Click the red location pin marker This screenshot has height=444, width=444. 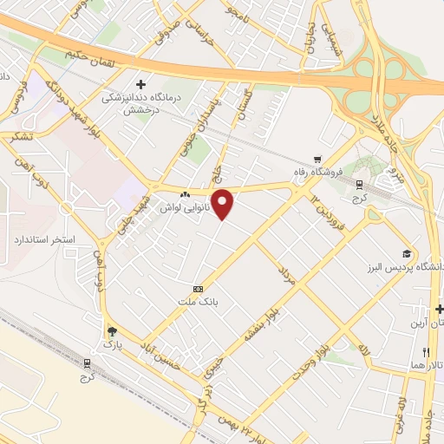pos(224,203)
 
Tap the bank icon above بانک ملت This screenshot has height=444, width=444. pos(199,288)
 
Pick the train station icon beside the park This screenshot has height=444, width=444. pos(87,364)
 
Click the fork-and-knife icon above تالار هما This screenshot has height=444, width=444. pos(425,352)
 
